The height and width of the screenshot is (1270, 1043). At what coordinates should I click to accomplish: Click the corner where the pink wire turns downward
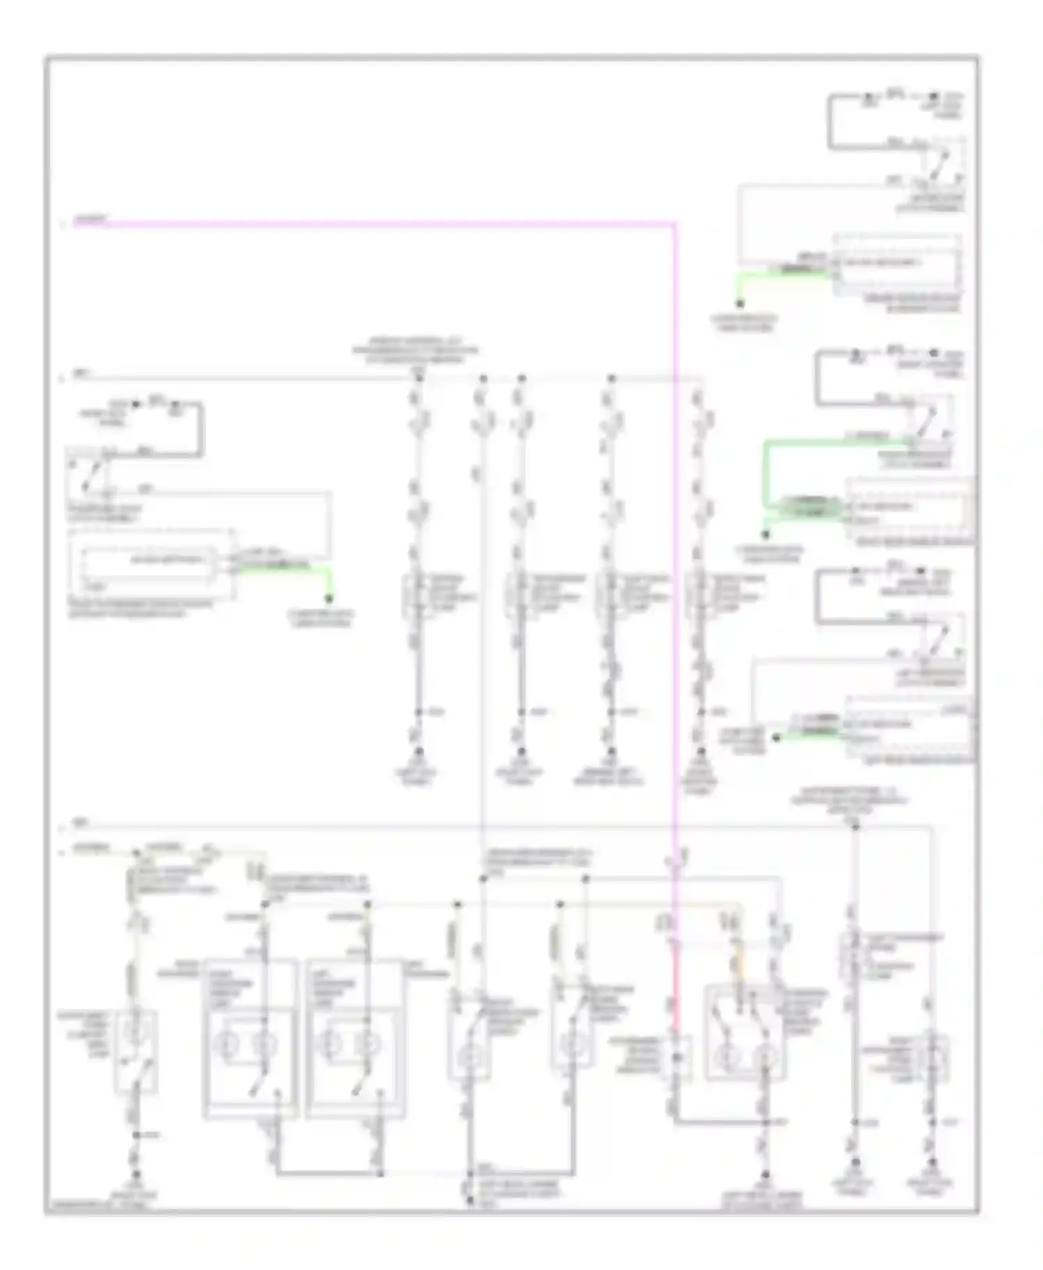[x=673, y=224]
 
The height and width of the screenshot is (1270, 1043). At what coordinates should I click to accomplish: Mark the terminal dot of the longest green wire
[x=766, y=534]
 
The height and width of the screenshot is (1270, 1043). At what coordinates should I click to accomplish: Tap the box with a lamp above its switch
[x=136, y=1050]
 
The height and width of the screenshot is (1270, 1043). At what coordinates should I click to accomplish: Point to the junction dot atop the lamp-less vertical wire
[x=483, y=379]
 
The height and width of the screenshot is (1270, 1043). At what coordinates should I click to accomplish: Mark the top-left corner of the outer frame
[x=46, y=57]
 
